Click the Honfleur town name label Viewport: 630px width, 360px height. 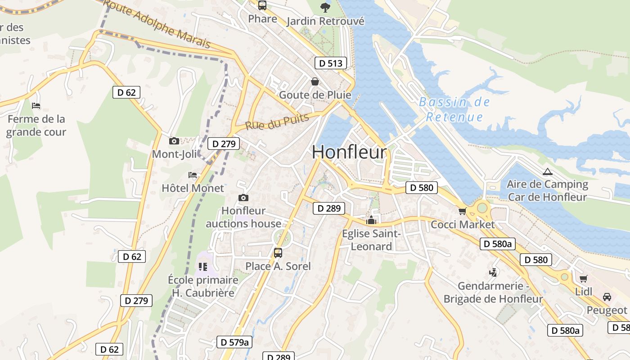pyautogui.click(x=349, y=152)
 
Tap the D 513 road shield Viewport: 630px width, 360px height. pyautogui.click(x=330, y=63)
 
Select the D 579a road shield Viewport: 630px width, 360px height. pyautogui.click(x=234, y=342)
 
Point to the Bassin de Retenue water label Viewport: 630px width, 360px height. pyautogui.click(x=454, y=110)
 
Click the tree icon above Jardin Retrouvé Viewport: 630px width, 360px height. pyautogui.click(x=324, y=7)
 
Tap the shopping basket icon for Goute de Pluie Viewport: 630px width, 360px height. pyautogui.click(x=315, y=81)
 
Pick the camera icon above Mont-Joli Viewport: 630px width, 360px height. pyautogui.click(x=174, y=141)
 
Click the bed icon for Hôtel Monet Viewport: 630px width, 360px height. pyautogui.click(x=193, y=175)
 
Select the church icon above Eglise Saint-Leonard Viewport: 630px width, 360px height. pyautogui.click(x=371, y=220)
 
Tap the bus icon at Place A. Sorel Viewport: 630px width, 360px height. pyautogui.click(x=278, y=252)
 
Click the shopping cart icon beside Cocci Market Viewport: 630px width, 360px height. pyautogui.click(x=462, y=211)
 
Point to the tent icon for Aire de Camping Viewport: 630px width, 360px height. pyautogui.click(x=547, y=171)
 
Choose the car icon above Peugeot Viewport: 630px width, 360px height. pyautogui.click(x=607, y=297)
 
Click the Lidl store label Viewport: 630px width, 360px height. pyautogui.click(x=584, y=292)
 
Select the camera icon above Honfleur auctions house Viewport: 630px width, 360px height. pyautogui.click(x=243, y=198)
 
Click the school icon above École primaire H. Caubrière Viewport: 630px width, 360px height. pyautogui.click(x=203, y=267)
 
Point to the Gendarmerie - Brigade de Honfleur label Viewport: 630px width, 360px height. pyautogui.click(x=493, y=292)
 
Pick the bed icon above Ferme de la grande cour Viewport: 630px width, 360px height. pyautogui.click(x=36, y=106)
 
